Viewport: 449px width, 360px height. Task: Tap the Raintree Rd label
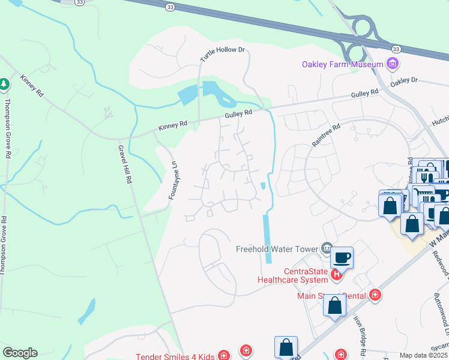[x=326, y=136]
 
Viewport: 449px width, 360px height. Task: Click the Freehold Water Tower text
[x=276, y=248]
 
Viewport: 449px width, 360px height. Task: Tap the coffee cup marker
[x=342, y=257]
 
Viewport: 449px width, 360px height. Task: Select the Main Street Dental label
[x=331, y=278]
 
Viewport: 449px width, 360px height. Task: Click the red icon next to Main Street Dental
[x=375, y=278]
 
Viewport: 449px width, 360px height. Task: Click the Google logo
[x=20, y=353]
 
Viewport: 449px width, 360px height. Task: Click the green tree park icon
[x=5, y=83]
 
